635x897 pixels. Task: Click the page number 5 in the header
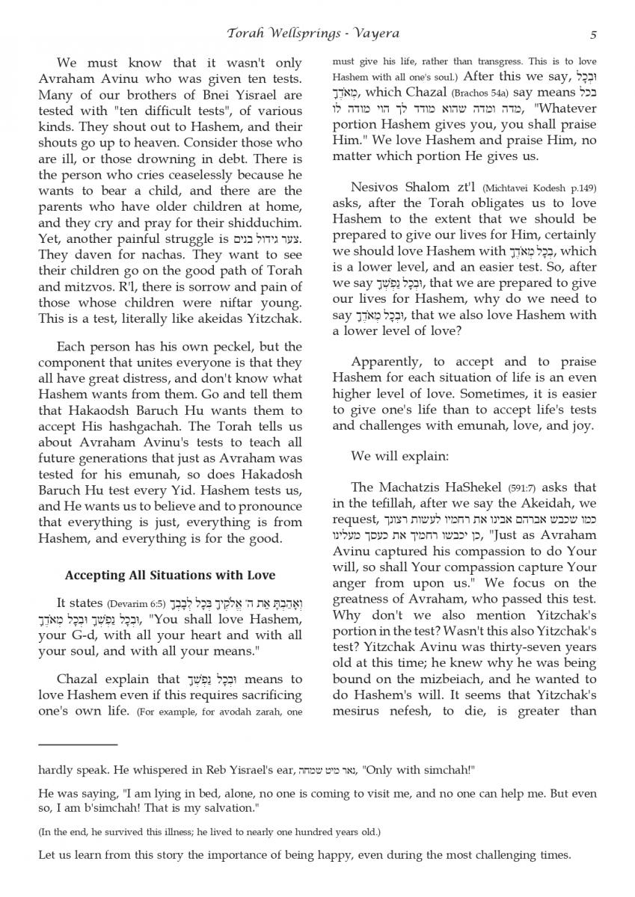pos(592,34)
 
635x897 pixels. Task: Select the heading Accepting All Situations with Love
pos(170,575)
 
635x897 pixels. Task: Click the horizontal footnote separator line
pos(78,745)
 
